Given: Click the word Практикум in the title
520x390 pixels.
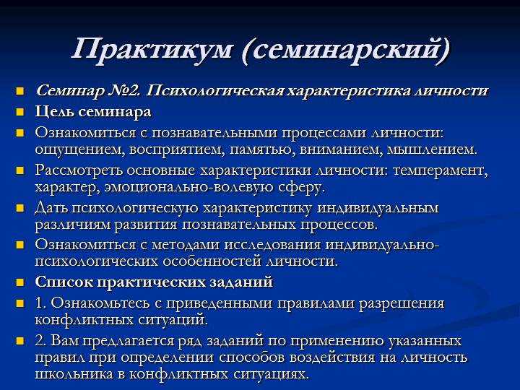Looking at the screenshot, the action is (152, 50).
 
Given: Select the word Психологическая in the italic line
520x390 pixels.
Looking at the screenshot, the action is (214, 91).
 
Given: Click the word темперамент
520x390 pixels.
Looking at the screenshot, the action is (441, 170).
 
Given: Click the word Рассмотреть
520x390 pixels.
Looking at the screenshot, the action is (79, 170).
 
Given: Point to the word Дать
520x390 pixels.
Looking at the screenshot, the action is (51, 208).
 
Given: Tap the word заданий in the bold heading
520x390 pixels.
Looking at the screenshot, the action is (241, 282).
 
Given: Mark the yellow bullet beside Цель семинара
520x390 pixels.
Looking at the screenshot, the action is (20, 112).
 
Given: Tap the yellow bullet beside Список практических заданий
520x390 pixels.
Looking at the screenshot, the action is (20, 282).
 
